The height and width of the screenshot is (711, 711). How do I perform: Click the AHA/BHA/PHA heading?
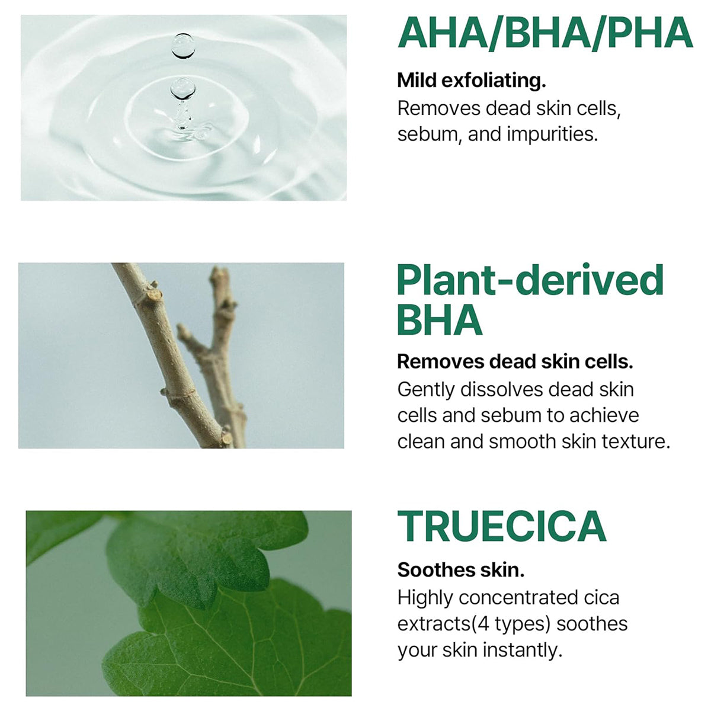[545, 34]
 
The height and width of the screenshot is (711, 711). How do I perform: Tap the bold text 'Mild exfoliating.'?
[472, 80]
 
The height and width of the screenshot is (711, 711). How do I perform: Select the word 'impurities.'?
[552, 134]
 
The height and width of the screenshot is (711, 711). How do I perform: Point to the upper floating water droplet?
[183, 46]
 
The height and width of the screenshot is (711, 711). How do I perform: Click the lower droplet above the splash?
[182, 88]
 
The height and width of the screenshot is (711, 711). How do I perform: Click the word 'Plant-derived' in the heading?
[530, 280]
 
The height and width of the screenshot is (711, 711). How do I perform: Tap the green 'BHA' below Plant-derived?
[440, 320]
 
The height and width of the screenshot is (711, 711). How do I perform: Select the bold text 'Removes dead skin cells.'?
[515, 361]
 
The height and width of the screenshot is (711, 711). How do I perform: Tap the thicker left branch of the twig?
[166, 344]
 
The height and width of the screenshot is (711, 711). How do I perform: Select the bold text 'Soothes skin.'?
[461, 570]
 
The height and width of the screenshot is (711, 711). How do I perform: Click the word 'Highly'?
[425, 597]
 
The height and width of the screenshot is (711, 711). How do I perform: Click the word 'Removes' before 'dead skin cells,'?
[438, 108]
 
